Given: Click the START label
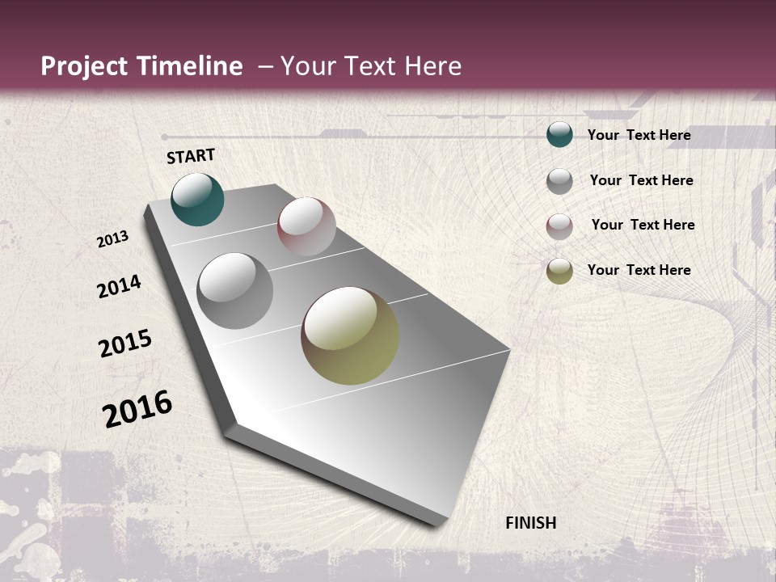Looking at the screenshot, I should click(x=191, y=156).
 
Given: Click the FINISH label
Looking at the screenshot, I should click(x=530, y=523).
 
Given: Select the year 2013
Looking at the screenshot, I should click(x=113, y=239).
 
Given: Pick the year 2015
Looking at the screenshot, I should click(x=125, y=344).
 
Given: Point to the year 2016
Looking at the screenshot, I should click(x=137, y=408).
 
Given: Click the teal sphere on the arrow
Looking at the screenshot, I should click(x=197, y=199).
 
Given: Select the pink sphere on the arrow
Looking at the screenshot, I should click(x=306, y=226).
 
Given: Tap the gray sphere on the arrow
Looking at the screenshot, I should click(x=235, y=290).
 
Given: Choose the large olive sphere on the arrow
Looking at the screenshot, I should click(x=350, y=335).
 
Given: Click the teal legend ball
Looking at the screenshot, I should click(x=559, y=135).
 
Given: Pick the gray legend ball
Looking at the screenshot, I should click(x=559, y=180).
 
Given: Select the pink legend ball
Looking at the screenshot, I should click(x=559, y=226).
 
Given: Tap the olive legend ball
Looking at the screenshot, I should click(x=559, y=271).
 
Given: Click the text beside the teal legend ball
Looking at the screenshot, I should click(x=639, y=135).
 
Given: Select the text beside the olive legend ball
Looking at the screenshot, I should click(x=639, y=270).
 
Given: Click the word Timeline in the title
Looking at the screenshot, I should click(x=190, y=66).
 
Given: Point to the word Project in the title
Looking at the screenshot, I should click(x=84, y=66).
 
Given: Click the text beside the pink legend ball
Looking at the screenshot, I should click(x=643, y=225).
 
